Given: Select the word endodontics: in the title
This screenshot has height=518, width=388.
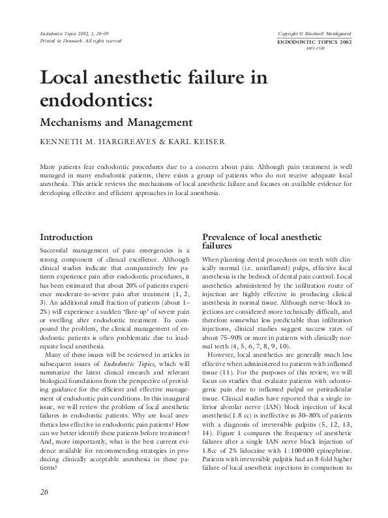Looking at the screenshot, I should coord(95,102).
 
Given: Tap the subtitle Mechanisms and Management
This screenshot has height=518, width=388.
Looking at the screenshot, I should coord(117,121).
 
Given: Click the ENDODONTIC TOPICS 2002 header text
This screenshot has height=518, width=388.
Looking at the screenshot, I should coord(315,41).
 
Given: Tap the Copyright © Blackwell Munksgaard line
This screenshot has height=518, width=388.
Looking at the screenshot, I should coord(315,33).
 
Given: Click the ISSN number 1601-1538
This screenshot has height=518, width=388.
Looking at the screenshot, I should coord(315,48).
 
